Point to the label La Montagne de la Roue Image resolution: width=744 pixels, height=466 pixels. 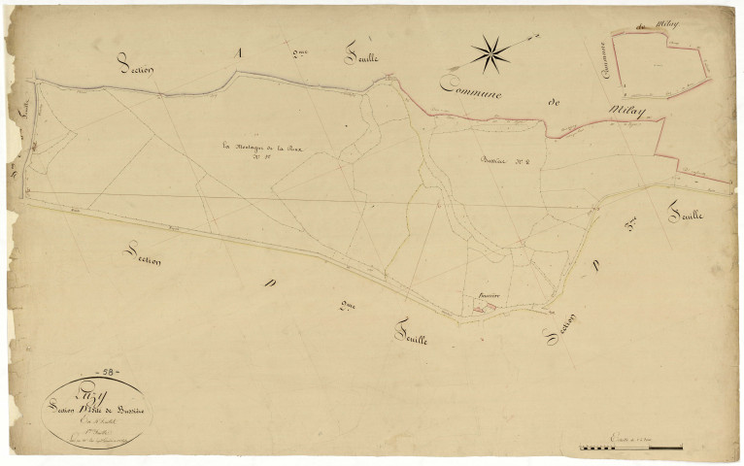coord(256,149)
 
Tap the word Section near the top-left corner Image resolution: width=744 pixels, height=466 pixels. coord(139,65)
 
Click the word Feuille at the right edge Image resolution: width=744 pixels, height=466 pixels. coord(689,207)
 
